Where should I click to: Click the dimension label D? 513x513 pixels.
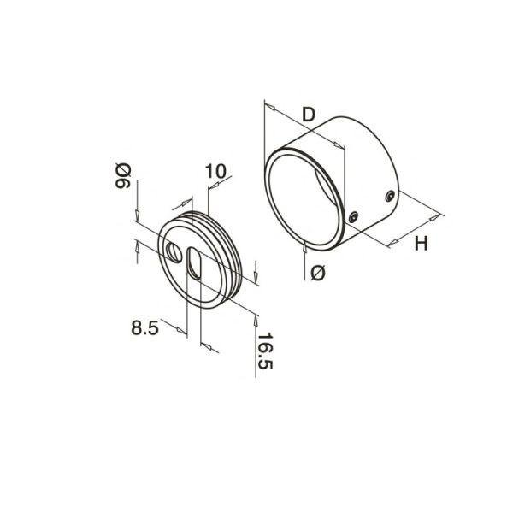(308, 115)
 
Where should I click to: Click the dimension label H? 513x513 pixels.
(421, 244)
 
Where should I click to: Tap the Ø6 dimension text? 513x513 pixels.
(123, 176)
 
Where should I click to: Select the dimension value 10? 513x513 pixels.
(215, 171)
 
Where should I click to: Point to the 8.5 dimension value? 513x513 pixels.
(145, 327)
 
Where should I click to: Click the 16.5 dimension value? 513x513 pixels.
(265, 351)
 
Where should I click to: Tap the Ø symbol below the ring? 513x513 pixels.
(318, 274)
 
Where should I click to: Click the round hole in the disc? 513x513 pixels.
(174, 252)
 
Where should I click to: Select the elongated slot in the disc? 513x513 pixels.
(194, 263)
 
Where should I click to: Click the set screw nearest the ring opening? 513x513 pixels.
(353, 217)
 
